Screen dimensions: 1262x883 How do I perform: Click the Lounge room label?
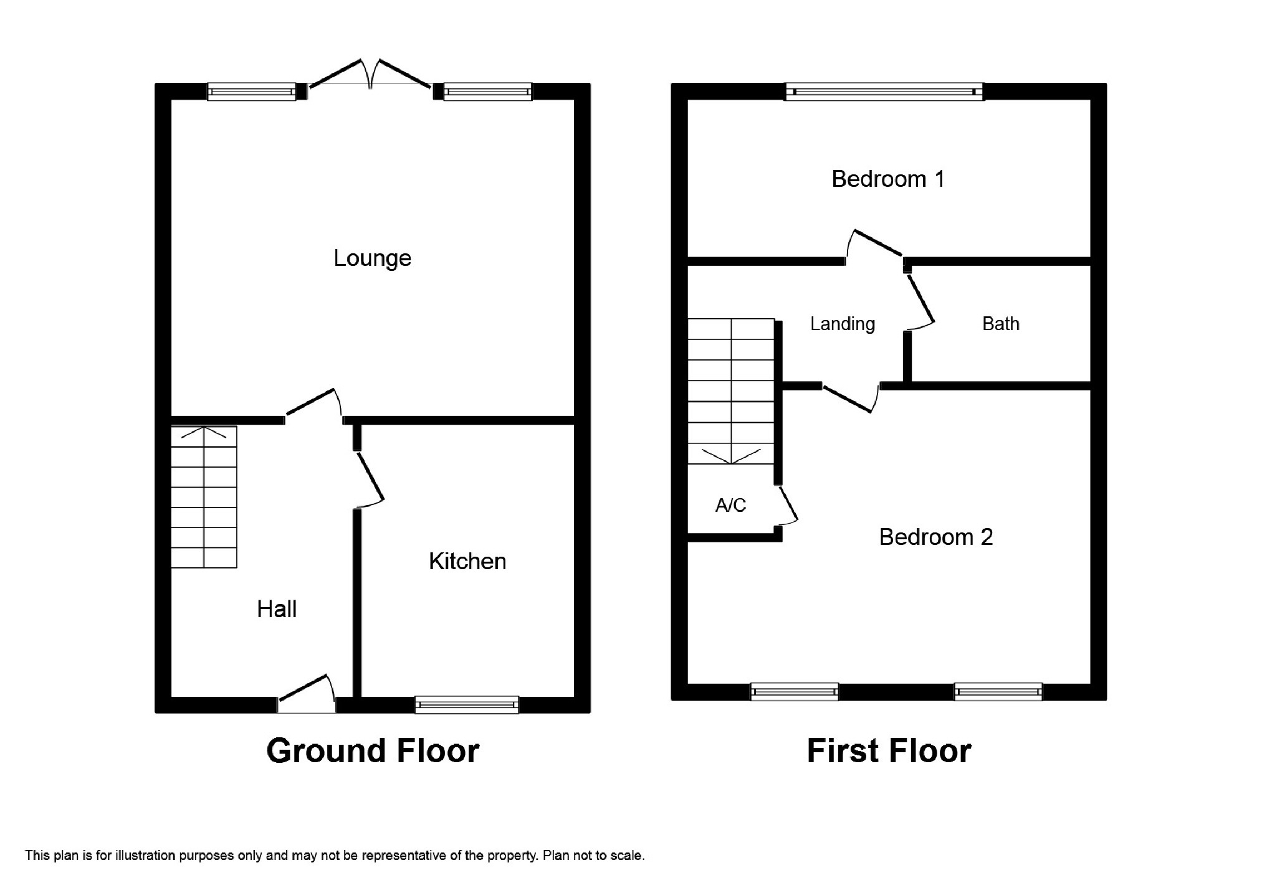click(x=372, y=258)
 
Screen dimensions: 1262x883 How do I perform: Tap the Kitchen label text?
click(x=467, y=561)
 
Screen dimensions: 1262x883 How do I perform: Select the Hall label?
click(x=277, y=609)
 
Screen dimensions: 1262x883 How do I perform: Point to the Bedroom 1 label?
click(x=888, y=179)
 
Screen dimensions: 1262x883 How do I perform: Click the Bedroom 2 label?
click(x=936, y=537)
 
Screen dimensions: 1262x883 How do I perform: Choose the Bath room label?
click(x=1001, y=324)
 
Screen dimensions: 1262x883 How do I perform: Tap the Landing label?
click(x=843, y=324)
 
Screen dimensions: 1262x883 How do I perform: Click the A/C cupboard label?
click(x=730, y=505)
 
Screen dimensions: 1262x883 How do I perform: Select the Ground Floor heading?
click(x=373, y=751)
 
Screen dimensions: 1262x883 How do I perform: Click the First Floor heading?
click(x=889, y=751)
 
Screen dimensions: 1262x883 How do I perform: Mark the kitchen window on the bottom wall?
click(x=467, y=704)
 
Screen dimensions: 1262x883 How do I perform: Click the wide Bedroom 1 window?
click(x=884, y=92)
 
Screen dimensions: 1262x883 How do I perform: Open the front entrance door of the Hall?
click(x=307, y=694)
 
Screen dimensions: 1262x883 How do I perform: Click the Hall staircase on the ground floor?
click(x=204, y=497)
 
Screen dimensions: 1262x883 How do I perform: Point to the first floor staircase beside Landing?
click(x=731, y=392)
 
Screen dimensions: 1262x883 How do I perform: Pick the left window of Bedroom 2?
click(x=795, y=692)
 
